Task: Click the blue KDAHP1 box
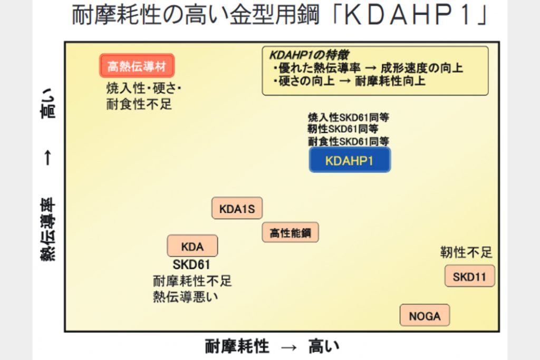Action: [350, 160]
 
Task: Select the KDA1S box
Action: [237, 209]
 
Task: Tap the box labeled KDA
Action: [192, 246]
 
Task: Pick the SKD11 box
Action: [469, 276]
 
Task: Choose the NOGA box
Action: [425, 316]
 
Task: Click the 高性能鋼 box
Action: [290, 232]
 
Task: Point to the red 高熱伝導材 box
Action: [137, 66]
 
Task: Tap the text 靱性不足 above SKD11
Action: [466, 252]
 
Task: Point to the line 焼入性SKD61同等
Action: [348, 117]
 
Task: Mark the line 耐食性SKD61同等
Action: [348, 141]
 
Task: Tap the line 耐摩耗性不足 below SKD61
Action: [192, 281]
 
